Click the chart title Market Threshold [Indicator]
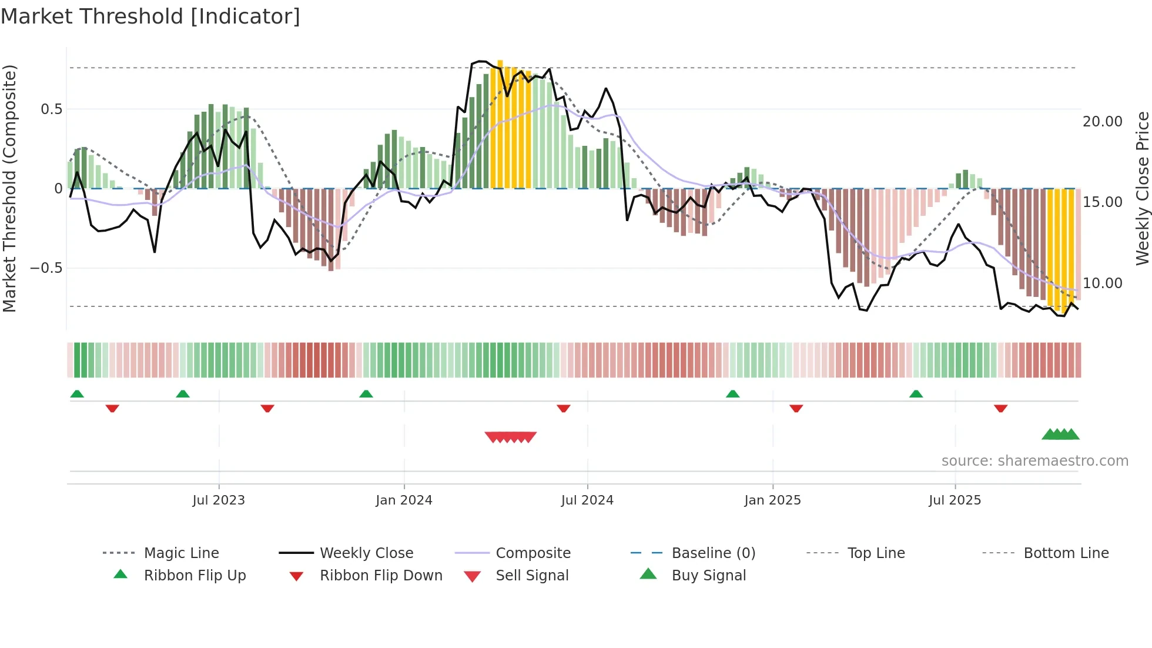[150, 16]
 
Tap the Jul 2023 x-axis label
[218, 500]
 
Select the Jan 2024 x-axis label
[404, 500]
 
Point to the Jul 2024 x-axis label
[587, 500]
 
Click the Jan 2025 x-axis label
[772, 500]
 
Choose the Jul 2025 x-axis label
[955, 500]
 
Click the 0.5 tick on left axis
[51, 109]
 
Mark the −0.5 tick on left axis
[46, 268]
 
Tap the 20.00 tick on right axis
[1102, 122]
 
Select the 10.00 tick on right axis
[1102, 283]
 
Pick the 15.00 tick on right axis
[1102, 202]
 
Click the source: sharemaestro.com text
[1034, 461]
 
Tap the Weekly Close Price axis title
[1142, 188]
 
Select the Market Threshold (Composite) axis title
[9, 188]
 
